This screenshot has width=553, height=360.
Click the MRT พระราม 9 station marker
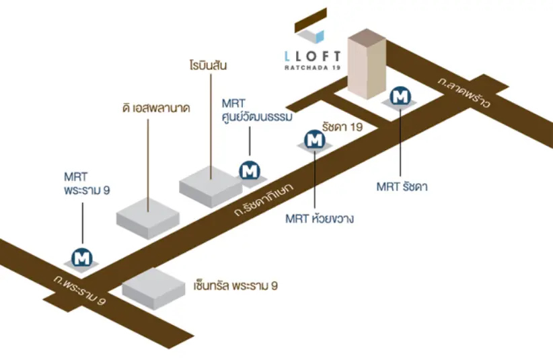click(83, 257)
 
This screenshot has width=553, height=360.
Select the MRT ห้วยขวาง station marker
click(314, 140)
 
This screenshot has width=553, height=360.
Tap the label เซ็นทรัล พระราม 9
click(231, 287)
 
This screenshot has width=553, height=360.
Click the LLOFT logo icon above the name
click(310, 26)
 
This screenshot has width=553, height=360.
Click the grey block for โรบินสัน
click(210, 182)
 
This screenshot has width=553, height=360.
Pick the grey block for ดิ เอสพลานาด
click(148, 217)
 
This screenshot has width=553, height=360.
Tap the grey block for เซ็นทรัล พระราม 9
click(153, 288)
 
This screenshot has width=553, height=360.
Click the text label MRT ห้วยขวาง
click(320, 219)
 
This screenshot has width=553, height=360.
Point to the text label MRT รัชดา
click(402, 186)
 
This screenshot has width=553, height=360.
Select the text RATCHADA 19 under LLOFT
click(312, 67)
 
